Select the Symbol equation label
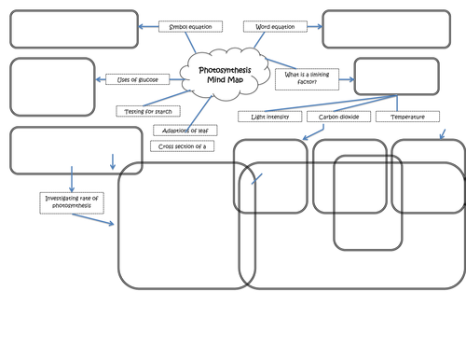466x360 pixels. (x=185, y=27)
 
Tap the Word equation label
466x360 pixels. (x=275, y=27)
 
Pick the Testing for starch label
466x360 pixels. (x=147, y=111)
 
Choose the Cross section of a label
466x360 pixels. (x=180, y=146)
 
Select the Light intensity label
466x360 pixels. (x=269, y=118)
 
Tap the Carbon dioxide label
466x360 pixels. (x=339, y=118)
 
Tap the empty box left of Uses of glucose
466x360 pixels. (x=52, y=87)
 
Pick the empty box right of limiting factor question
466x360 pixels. (x=394, y=77)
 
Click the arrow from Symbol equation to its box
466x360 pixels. (x=149, y=27)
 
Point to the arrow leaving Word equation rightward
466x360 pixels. (x=309, y=27)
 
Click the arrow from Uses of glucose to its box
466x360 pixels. (x=101, y=79)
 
